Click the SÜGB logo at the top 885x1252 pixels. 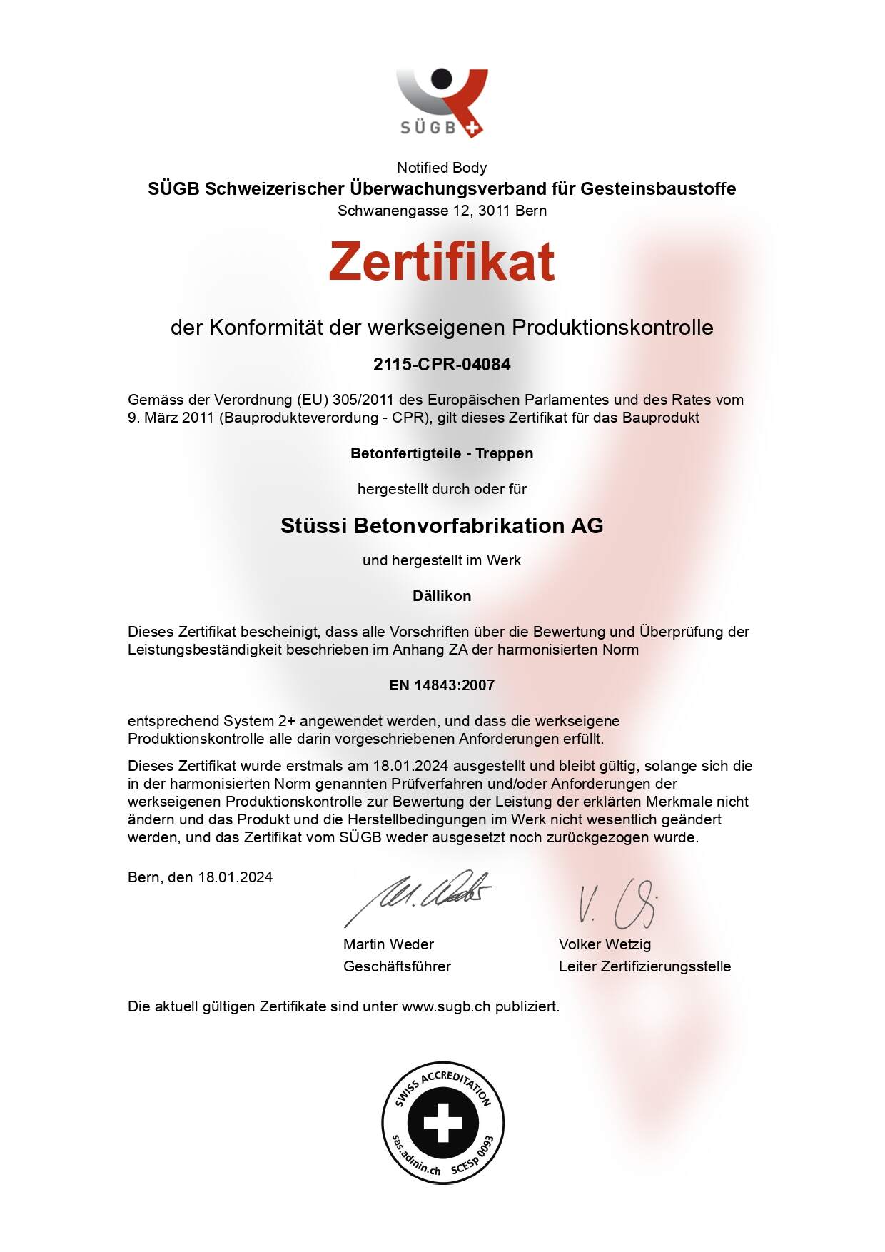442,102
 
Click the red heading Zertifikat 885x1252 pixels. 442,261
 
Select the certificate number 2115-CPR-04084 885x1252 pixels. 442,365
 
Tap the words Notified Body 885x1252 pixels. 442,168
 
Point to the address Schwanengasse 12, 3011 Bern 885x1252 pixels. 442,211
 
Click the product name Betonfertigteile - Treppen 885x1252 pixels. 442,453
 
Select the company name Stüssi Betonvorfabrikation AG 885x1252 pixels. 442,526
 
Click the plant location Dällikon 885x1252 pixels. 442,596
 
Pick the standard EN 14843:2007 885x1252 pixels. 442,685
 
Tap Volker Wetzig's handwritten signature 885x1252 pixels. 617,904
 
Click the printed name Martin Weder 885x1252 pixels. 388,944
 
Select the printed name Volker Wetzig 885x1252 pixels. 605,944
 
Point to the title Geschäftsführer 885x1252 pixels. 397,966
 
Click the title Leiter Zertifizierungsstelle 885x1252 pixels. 644,966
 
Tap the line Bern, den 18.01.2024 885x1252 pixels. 200,877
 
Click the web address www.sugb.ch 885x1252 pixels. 446,1006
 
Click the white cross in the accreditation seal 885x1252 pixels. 442,1123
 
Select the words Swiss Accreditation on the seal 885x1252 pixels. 442,1084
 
